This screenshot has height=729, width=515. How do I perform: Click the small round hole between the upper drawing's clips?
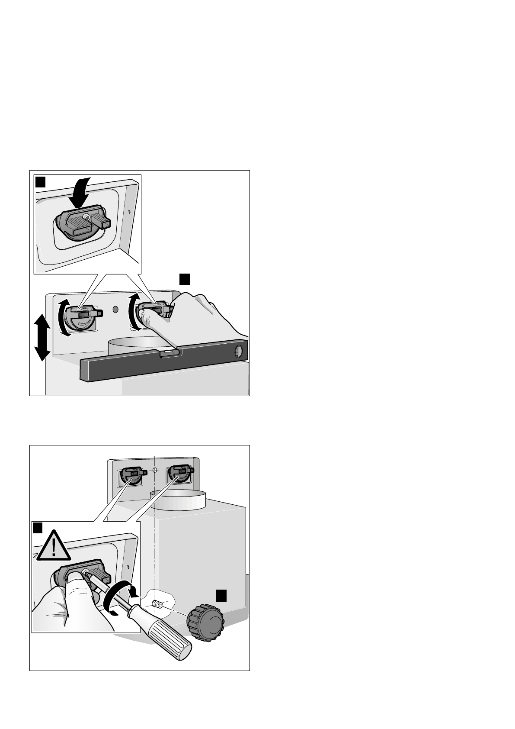pos(115,310)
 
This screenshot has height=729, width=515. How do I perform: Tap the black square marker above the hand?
pos(185,279)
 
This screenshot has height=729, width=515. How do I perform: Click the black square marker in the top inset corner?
pos(40,181)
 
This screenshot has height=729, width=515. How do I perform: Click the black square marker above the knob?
pos(221,594)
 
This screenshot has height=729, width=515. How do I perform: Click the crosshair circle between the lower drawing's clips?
pos(154,471)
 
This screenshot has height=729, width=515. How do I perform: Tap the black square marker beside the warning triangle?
pos(38,528)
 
